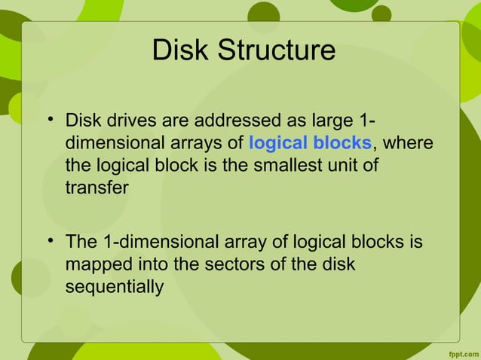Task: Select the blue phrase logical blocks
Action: click(310, 142)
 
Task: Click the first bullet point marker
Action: click(50, 120)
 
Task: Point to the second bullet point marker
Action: click(50, 242)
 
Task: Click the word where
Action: click(407, 142)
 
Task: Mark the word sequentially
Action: click(115, 287)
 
